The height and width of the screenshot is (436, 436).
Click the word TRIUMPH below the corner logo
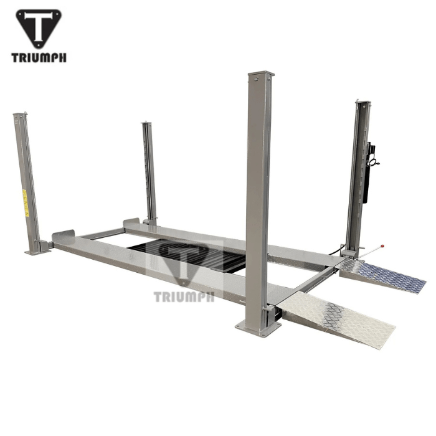coord(39,58)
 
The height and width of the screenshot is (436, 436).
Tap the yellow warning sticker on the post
coord(26,203)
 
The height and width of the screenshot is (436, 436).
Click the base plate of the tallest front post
coord(257,327)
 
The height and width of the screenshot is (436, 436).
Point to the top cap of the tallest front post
coord(260,75)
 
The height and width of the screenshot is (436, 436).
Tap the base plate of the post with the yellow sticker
coord(37,250)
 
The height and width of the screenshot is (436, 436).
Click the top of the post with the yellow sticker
coord(20,116)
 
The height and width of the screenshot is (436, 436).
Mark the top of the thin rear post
coord(147,124)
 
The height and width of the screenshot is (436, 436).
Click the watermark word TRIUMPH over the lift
coord(184,296)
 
